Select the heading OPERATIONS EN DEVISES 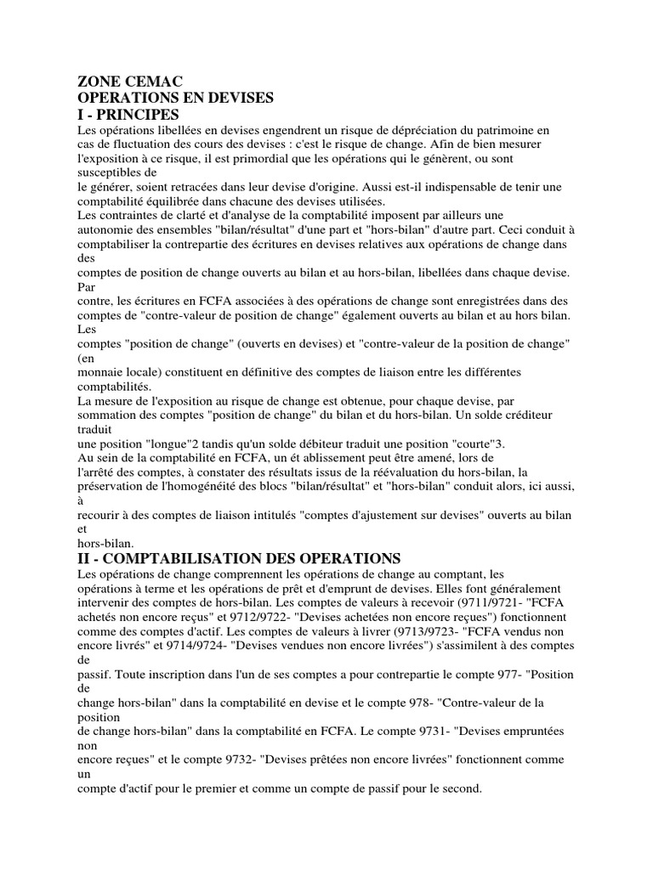tap(175, 99)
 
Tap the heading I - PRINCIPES tap(128, 115)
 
